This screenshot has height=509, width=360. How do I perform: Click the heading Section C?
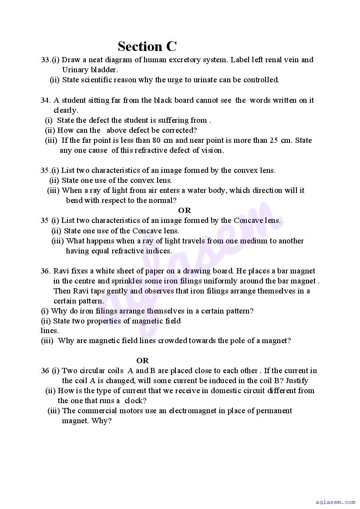147,46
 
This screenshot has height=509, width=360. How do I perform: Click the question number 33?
46,60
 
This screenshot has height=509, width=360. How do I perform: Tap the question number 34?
46,100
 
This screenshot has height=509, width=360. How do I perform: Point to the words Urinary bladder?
90,70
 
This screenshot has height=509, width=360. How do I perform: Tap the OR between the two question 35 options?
185,210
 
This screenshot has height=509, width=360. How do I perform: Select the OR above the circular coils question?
142,361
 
